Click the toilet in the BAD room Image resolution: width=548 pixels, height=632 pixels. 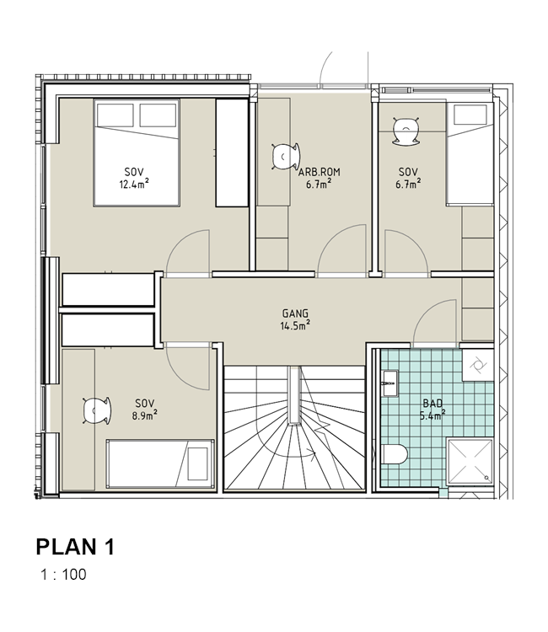(394, 454)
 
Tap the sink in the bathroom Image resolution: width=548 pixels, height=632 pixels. (390, 383)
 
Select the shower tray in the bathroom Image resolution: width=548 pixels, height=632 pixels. (470, 461)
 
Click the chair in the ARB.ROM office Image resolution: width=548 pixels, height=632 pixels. (286, 156)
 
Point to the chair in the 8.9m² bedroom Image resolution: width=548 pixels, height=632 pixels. (97, 410)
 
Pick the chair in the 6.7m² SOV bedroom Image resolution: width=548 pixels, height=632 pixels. (406, 131)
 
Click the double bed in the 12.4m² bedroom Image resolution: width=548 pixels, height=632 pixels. (137, 153)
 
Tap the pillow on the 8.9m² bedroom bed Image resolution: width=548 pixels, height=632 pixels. (198, 463)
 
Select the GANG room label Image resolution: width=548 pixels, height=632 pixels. (295, 313)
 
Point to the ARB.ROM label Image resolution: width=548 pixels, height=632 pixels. (319, 172)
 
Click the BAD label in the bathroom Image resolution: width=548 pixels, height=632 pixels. (432, 403)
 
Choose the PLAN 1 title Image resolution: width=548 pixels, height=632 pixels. (75, 547)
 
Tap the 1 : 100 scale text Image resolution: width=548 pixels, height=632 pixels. (64, 575)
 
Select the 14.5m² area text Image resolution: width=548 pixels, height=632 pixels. (295, 325)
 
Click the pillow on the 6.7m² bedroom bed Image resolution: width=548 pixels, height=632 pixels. (470, 115)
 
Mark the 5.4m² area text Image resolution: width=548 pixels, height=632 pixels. (432, 415)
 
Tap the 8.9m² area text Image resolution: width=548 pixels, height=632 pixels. (144, 415)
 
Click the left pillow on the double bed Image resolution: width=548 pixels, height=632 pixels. (116, 115)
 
